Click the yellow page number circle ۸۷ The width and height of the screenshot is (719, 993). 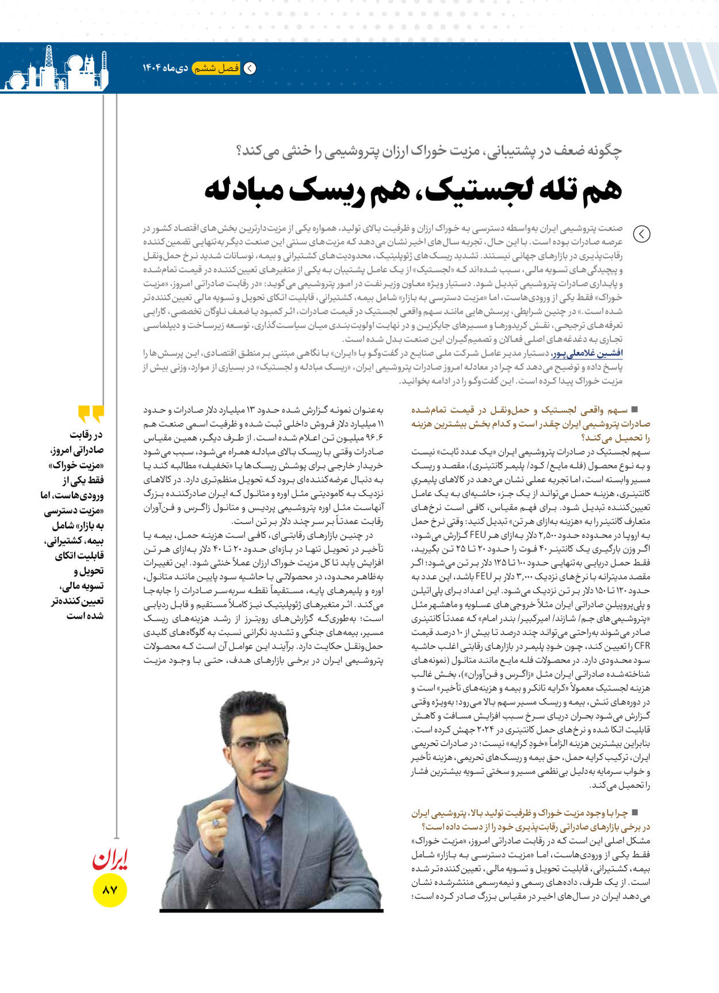point(109,890)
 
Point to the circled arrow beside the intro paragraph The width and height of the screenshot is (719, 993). point(641,234)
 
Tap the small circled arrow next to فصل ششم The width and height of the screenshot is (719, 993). point(250,68)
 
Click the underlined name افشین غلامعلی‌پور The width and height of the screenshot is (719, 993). point(587,353)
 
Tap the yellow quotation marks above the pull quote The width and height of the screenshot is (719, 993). point(91,414)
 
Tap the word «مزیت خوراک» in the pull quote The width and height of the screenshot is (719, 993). point(77,465)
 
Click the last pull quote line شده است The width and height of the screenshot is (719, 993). point(85,616)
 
